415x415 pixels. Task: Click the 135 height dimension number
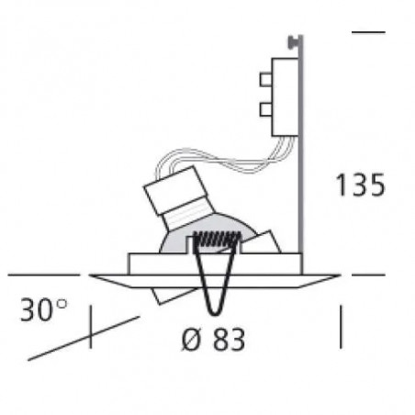[360, 185]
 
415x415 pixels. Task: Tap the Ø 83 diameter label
[213, 339]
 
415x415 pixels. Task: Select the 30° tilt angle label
[43, 309]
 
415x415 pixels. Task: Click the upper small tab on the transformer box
[265, 79]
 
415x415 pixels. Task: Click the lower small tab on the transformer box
[265, 109]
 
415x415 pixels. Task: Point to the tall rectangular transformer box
[285, 96]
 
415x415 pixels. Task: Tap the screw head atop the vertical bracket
[293, 41]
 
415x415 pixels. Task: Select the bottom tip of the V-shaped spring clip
[214, 314]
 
